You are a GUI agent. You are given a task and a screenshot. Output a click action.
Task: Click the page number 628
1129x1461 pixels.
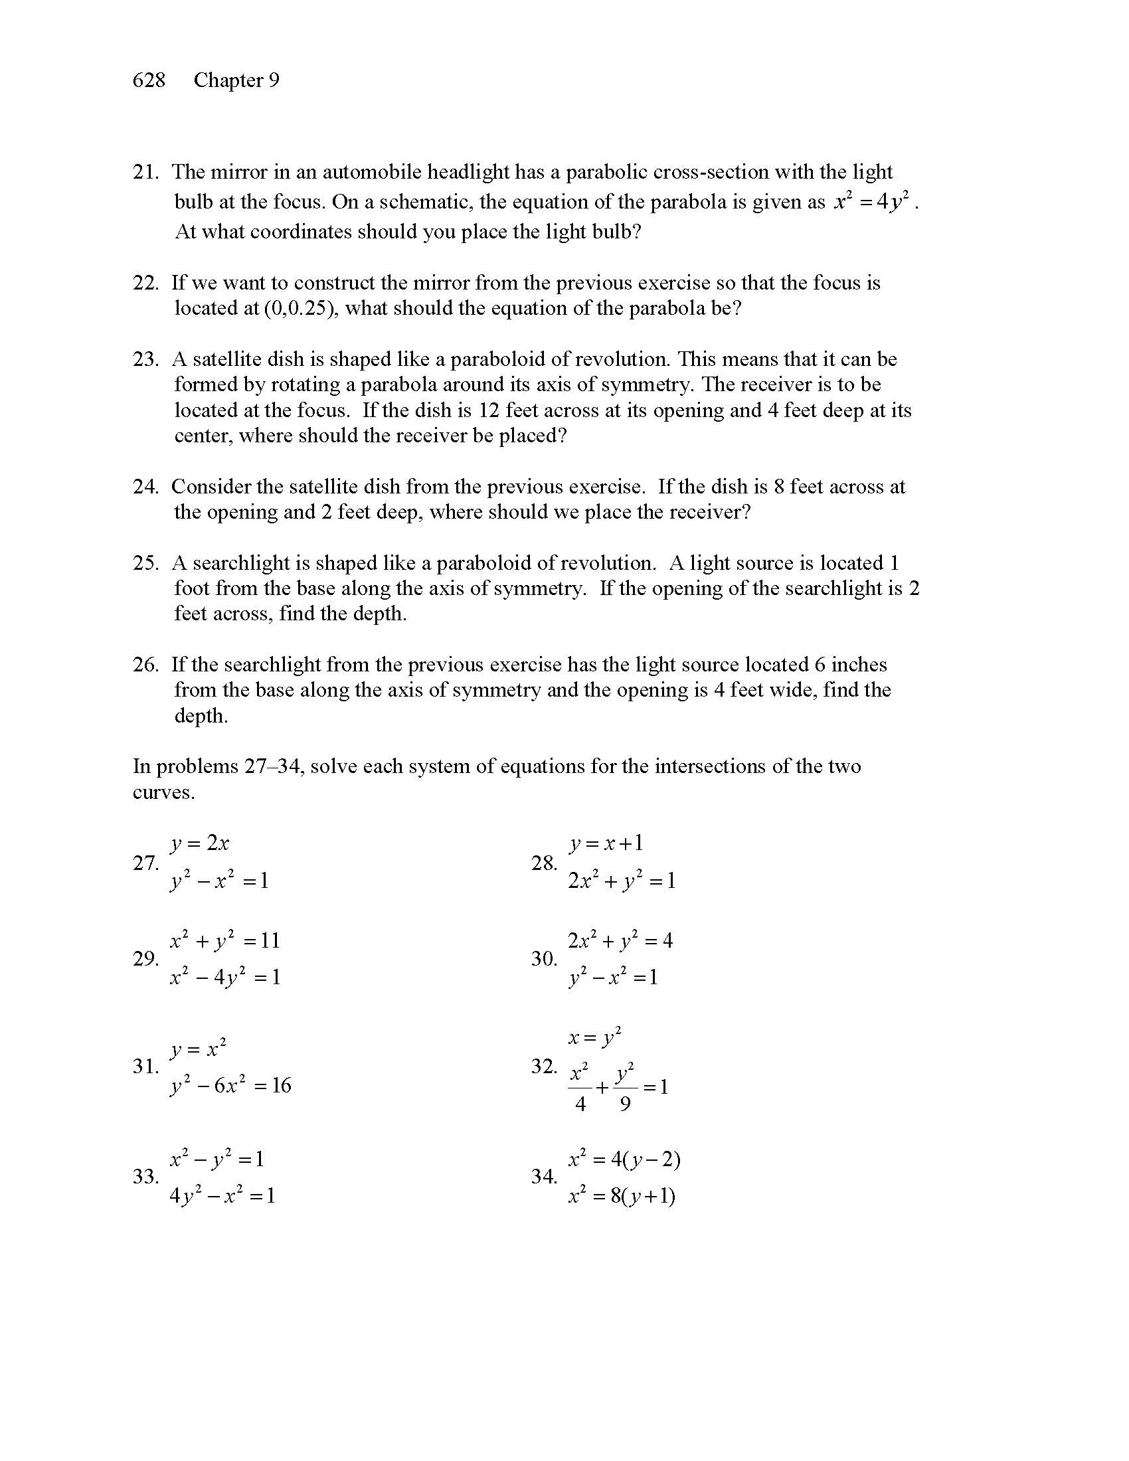click(x=149, y=80)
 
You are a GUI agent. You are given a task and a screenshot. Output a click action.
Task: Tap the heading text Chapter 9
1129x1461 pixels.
click(x=236, y=80)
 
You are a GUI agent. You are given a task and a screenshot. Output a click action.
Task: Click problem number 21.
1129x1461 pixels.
click(x=145, y=172)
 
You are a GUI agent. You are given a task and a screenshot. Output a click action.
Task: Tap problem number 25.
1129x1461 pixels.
click(x=145, y=563)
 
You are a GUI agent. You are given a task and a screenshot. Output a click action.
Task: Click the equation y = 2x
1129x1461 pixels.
click(x=199, y=843)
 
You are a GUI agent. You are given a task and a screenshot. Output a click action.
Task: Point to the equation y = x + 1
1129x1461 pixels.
click(x=606, y=843)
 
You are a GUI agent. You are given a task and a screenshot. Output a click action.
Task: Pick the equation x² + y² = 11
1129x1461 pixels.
click(x=224, y=941)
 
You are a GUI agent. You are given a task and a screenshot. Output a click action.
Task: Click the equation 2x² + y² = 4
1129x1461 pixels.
click(x=620, y=941)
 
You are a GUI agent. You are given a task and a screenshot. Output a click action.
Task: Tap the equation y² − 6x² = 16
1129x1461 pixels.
click(x=230, y=1085)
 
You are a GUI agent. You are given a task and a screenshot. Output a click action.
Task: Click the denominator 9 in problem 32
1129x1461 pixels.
click(x=625, y=1104)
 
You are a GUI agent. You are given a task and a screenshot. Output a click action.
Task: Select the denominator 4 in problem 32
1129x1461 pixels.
click(x=580, y=1104)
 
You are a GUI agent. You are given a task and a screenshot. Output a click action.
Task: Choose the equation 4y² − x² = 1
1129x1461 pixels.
click(x=222, y=1195)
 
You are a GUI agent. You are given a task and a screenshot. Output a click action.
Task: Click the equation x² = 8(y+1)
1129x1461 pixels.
click(x=622, y=1195)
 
